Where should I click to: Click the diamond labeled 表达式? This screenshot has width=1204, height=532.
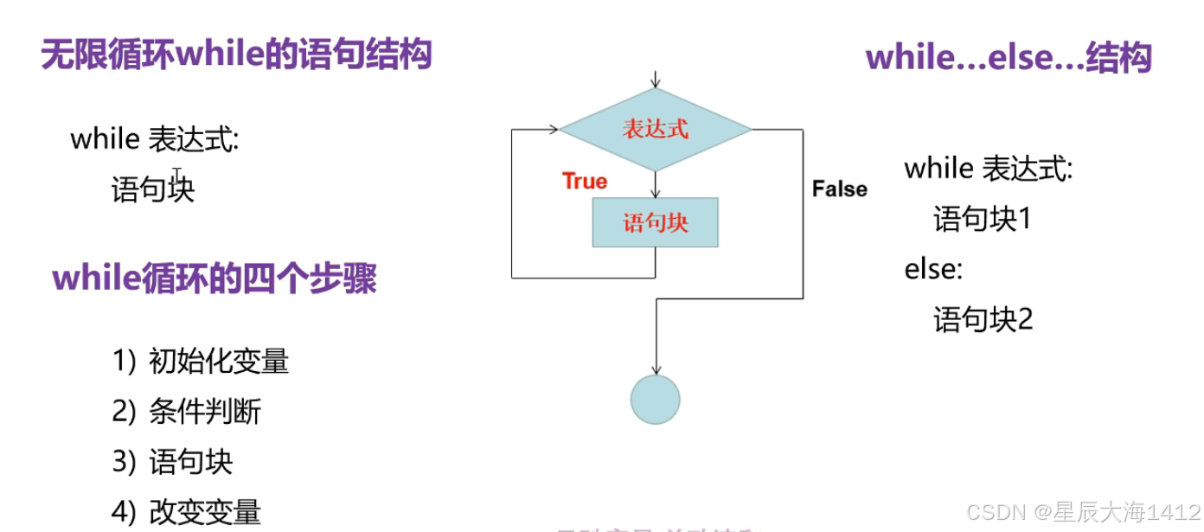coord(655,130)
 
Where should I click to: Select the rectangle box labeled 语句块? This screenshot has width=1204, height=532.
coord(655,223)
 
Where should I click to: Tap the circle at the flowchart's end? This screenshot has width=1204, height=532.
coord(655,400)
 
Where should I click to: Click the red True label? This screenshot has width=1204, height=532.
coord(585,182)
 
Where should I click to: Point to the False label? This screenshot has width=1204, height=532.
coord(839,189)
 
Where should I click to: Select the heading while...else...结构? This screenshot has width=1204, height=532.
coord(1008,59)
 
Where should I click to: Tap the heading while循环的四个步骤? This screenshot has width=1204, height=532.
coord(215,279)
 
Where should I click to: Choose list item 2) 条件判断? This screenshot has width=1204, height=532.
coord(186,412)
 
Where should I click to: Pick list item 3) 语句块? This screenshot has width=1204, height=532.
coord(172,462)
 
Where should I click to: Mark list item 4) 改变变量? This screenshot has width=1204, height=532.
coord(186,512)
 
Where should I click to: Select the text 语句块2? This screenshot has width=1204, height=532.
coord(983,321)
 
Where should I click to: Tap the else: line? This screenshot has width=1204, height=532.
coord(933,269)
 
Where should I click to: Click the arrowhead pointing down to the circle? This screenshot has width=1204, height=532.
coord(655,370)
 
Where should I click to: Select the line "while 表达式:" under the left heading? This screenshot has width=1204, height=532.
coord(154,139)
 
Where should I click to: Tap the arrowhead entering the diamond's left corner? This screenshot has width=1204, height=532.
coord(553,130)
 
